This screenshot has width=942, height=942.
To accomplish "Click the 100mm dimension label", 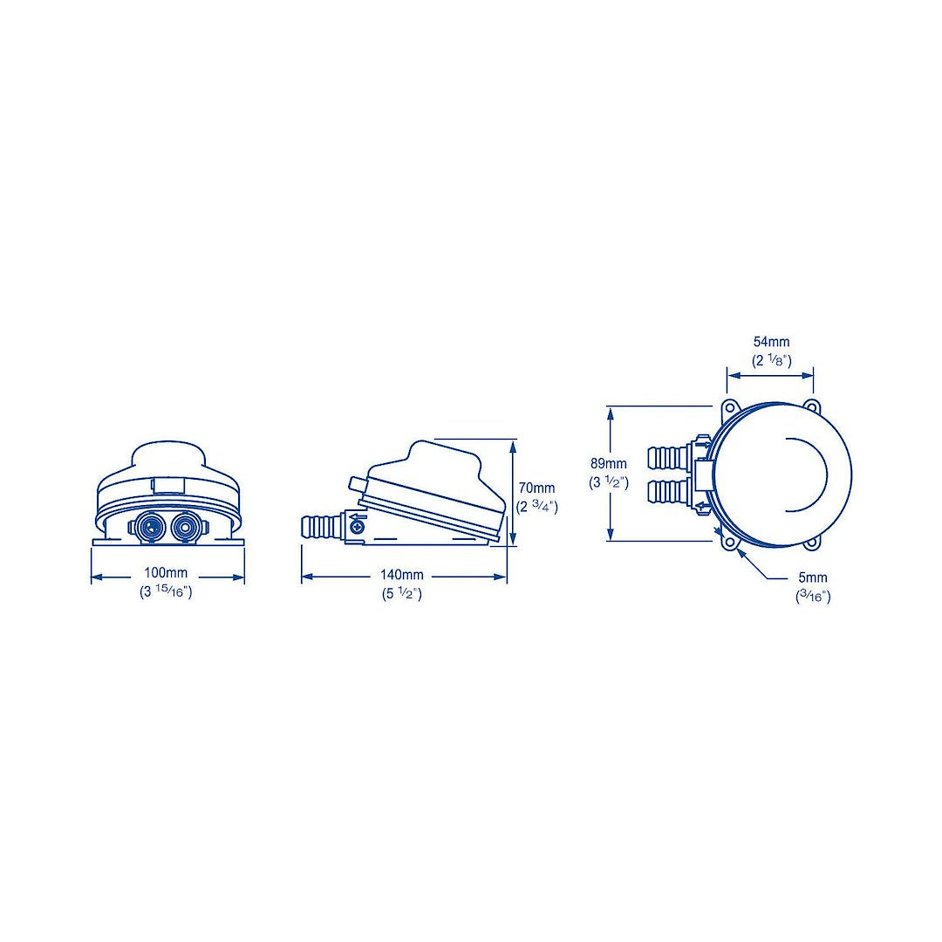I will tap(167, 576).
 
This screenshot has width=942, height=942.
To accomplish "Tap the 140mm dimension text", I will tap(401, 576).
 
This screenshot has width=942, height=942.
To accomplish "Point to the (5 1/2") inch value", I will tap(401, 594).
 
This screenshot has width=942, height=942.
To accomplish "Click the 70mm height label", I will tap(536, 488).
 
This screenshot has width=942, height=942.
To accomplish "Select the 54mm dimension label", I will tap(771, 343).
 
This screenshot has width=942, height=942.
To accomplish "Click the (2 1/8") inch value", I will tap(771, 360).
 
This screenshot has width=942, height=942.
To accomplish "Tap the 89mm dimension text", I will tap(608, 464).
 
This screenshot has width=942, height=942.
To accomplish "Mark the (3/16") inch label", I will tap(812, 596).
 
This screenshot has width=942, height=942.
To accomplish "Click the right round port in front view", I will tap(184, 527).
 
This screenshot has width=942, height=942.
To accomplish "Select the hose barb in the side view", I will tap(321, 527).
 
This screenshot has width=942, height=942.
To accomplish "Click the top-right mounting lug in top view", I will tap(813, 406).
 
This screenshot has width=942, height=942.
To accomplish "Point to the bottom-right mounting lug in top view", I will tap(813, 543).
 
